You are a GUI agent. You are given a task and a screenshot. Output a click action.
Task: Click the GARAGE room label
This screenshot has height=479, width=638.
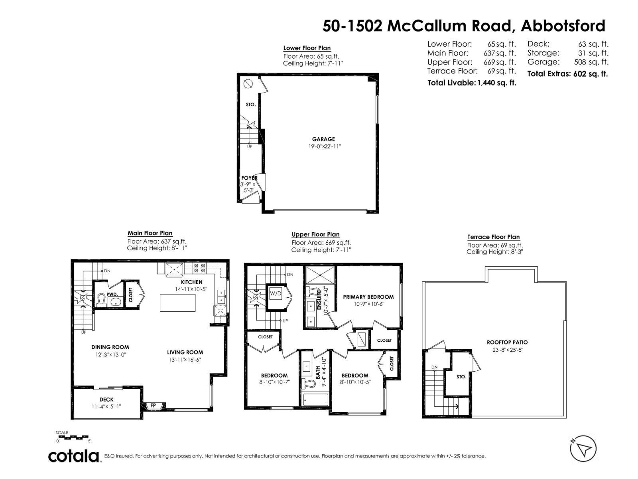point(323,139)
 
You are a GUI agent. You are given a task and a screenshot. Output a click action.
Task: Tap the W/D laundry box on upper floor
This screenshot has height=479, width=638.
point(276,293)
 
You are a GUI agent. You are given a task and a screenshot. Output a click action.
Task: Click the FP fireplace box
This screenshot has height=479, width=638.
point(153,406)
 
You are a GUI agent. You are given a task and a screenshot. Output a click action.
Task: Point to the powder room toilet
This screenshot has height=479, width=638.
point(101,299)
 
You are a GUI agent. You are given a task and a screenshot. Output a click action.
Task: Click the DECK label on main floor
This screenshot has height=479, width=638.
point(106,399)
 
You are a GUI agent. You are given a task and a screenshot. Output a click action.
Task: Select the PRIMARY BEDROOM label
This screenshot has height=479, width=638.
point(368,297)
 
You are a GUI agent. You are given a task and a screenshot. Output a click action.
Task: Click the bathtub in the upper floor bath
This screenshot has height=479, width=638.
point(315,400)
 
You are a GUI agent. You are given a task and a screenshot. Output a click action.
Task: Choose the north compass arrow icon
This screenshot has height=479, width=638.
point(583,449)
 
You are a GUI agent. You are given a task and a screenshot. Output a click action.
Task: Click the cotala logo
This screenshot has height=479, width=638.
point(74,455)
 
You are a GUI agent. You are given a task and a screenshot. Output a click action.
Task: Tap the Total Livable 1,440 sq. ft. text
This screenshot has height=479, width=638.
point(472,83)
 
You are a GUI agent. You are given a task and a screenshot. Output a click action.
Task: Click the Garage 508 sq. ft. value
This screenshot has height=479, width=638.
point(591,62)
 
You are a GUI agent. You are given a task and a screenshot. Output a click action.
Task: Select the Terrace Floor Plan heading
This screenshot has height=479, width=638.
point(493,237)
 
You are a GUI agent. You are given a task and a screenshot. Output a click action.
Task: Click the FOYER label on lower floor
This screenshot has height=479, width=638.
point(249,178)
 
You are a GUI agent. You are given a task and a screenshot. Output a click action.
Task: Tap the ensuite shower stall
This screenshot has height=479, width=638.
point(321,275)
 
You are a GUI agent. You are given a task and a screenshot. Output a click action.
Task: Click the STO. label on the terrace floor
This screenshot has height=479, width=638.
point(461,376)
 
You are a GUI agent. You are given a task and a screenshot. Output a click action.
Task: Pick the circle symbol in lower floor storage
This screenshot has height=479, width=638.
point(248,84)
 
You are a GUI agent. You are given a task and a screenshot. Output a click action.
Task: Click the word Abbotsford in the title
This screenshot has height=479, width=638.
point(563,26)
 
